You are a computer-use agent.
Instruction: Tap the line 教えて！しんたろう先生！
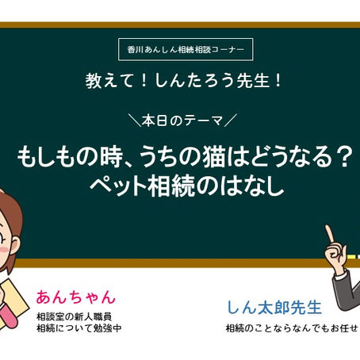180,80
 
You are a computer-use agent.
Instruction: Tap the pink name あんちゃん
75,297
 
